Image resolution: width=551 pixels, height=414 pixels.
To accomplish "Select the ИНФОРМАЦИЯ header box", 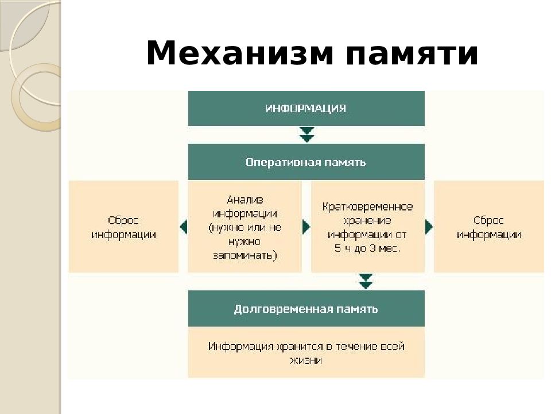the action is point(306,108).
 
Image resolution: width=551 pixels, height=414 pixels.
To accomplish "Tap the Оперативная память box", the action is point(306,162).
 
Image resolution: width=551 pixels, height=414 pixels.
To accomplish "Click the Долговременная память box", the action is point(306,309).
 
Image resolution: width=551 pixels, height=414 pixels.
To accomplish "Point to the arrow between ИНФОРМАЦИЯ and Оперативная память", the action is point(307,135).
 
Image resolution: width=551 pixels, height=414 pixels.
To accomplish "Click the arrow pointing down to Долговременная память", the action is point(366,282).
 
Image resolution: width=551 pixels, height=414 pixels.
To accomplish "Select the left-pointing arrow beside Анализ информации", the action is point(183,227).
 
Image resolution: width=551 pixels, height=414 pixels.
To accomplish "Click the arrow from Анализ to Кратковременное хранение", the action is point(306,227).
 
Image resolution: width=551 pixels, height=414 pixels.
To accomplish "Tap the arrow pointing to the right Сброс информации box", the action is point(429,227).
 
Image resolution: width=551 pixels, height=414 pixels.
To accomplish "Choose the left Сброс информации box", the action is point(123,227).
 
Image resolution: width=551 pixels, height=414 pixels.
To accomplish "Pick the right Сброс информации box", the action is point(489,227).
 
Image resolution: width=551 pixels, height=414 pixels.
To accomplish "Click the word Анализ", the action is point(245,200).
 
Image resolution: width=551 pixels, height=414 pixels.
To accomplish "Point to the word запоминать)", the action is point(245,255).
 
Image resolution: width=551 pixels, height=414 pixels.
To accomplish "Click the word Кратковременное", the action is point(367,206).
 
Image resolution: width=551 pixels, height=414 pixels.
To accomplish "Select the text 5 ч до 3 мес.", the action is point(367,248).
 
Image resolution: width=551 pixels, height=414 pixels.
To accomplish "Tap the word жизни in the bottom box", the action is point(306,361).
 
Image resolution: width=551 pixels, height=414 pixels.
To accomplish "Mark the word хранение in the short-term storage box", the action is point(367,221).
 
